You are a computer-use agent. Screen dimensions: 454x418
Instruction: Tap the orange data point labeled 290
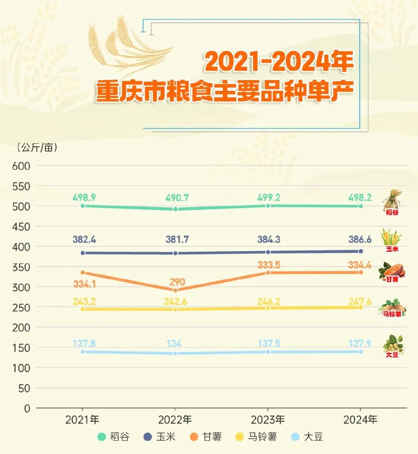[x=176, y=290]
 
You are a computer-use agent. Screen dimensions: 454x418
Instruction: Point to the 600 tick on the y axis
[x=21, y=166]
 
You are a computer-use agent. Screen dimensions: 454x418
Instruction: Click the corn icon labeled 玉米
[x=391, y=238]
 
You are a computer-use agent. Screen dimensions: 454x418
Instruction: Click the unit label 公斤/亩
[x=37, y=147]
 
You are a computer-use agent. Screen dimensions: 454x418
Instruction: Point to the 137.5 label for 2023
[x=268, y=343]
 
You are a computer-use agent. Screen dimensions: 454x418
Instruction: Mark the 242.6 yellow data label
[x=176, y=301]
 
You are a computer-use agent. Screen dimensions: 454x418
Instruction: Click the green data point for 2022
[x=176, y=209]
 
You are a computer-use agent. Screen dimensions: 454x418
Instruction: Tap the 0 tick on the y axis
[x=27, y=408]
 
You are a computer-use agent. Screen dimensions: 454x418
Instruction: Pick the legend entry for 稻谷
[x=114, y=438]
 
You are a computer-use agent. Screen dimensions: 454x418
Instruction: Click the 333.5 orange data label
[x=268, y=265]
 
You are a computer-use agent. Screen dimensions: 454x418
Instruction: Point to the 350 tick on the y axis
[x=21, y=267]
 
